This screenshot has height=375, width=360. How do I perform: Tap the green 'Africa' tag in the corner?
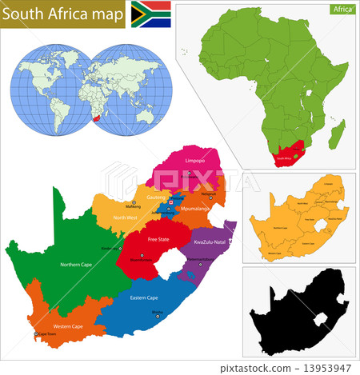[x=341, y=10]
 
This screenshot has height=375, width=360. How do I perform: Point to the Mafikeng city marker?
[x=134, y=201]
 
